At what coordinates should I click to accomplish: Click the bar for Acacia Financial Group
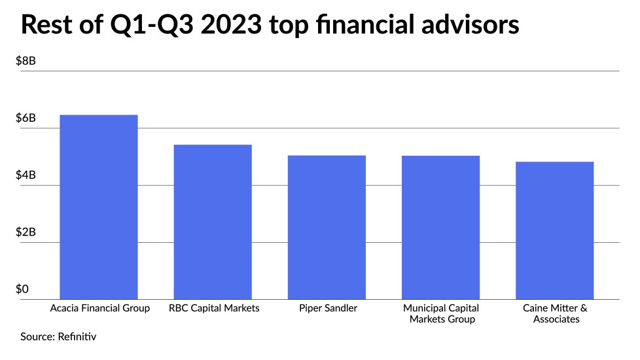coord(98,207)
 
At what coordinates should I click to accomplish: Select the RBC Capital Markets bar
coord(212,223)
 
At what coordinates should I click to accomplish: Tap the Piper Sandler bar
coord(327,228)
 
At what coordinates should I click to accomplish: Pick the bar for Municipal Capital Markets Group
coord(441,228)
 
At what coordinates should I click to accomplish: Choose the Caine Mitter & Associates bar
coord(555,231)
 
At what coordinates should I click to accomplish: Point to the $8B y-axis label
coord(26,61)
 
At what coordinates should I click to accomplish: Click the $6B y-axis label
coord(26,118)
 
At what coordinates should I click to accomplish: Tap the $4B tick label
coord(26,175)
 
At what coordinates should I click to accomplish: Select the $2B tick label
coord(26,232)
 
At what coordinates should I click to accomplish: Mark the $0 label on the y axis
coord(23,289)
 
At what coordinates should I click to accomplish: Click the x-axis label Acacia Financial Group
coord(99,308)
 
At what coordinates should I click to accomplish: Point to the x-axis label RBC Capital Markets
coord(213,308)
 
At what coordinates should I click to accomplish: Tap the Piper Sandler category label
coord(327,308)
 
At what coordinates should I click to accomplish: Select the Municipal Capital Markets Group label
coord(441,314)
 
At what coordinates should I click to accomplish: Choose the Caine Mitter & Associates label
coord(555,314)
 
